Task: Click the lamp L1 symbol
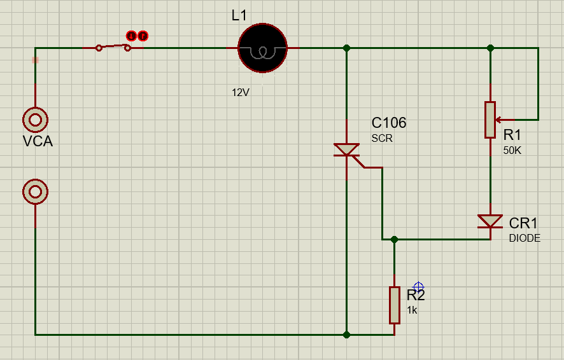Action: click(x=262, y=48)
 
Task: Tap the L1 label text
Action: click(x=239, y=15)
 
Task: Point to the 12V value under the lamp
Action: click(x=241, y=92)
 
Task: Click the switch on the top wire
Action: click(x=114, y=46)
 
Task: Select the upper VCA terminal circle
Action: click(x=35, y=119)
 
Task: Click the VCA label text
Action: click(x=38, y=142)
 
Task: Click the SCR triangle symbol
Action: click(x=346, y=150)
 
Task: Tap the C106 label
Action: click(x=389, y=123)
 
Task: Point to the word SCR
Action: click(x=383, y=137)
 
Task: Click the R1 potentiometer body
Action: click(x=490, y=120)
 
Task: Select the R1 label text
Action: click(x=512, y=135)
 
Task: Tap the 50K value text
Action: click(x=512, y=150)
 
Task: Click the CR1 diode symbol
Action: click(x=490, y=221)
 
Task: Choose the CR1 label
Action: click(x=523, y=223)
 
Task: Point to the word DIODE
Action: click(x=525, y=239)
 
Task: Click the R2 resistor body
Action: click(x=395, y=305)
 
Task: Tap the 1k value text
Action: click(x=412, y=310)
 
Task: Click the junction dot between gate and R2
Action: click(x=394, y=240)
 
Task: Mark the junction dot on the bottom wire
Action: click(x=346, y=334)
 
